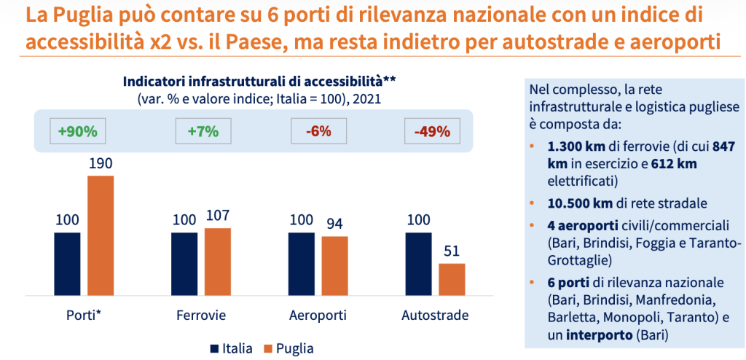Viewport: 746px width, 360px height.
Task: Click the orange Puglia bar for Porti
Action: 101,235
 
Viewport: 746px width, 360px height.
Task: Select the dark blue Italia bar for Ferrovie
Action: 184,263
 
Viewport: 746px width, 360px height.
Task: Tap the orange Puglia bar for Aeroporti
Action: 334,265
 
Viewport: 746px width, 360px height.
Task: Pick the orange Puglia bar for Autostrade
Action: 452,279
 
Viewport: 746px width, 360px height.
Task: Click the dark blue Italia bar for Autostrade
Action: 418,263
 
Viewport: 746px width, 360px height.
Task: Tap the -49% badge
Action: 432,132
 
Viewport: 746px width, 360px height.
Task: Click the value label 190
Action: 101,164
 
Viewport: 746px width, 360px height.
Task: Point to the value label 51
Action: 452,251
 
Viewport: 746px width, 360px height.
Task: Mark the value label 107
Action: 217,216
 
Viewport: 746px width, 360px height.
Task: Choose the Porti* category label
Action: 82,316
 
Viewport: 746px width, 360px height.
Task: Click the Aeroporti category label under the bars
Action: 318,316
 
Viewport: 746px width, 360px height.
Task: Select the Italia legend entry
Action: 231,348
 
